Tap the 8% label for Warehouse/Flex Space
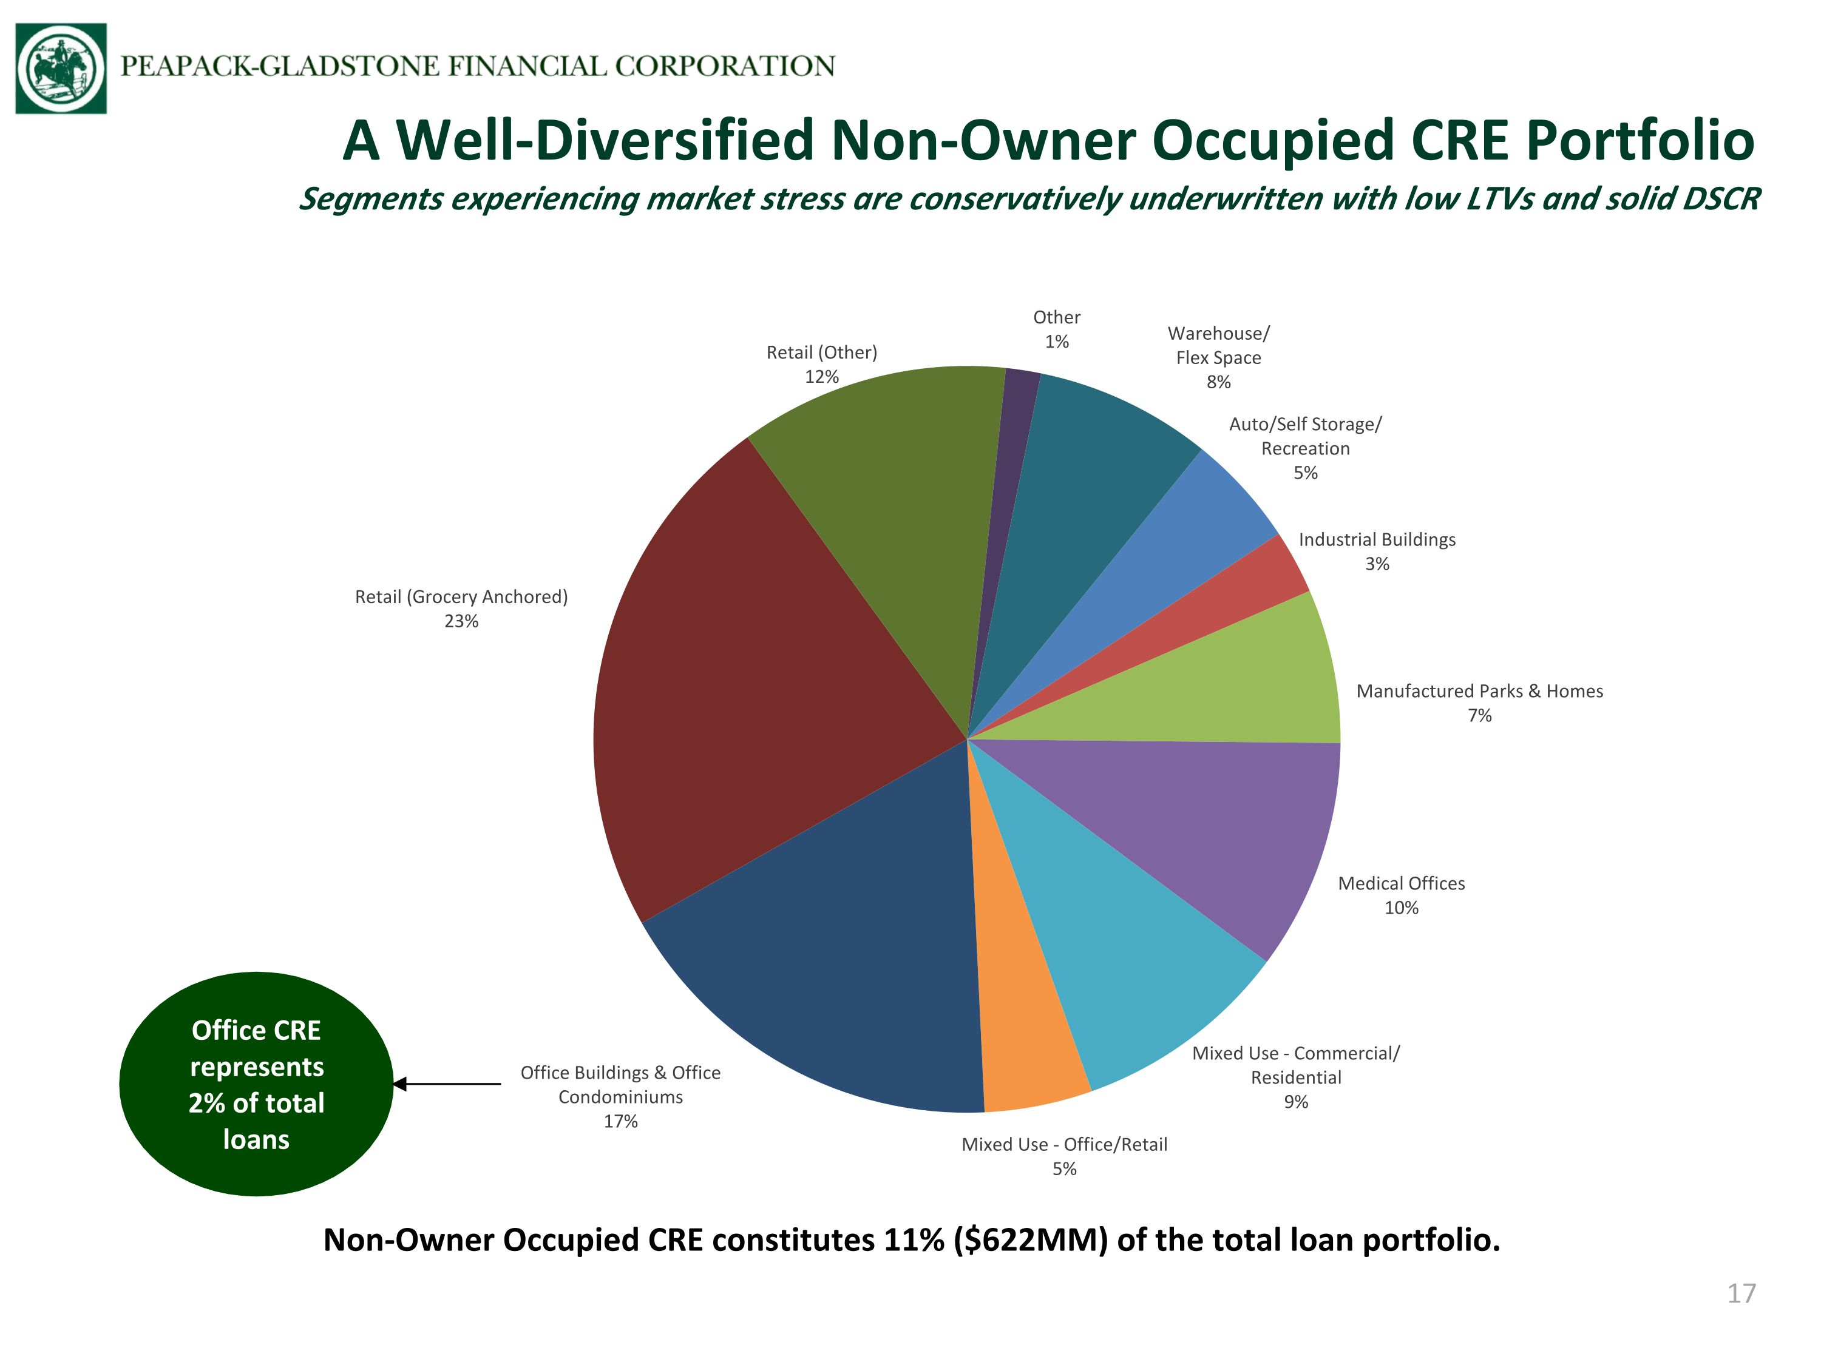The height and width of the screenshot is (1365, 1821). coord(1218,382)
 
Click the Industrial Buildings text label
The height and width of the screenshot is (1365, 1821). coord(1377,540)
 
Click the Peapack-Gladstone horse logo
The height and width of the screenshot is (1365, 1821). coord(61,69)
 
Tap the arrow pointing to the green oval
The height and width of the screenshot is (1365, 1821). coord(446,1085)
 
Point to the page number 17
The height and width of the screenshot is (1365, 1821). coord(1741,1293)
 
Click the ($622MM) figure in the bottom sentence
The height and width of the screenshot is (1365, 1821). coord(1031,1240)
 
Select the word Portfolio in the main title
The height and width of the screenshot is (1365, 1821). coord(1640,140)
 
